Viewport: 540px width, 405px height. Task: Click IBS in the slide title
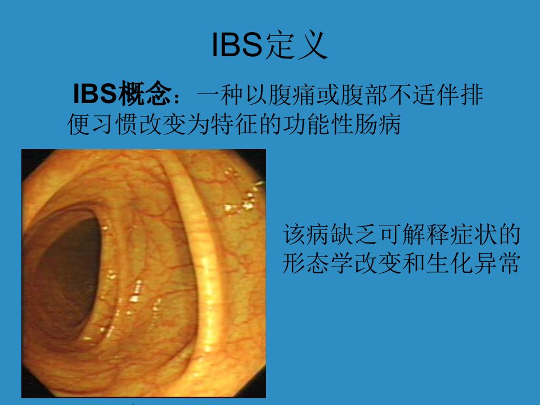click(x=237, y=45)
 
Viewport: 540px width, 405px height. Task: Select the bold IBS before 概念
click(x=95, y=94)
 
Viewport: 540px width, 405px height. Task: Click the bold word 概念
click(x=145, y=94)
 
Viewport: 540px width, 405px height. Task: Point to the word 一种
click(x=220, y=94)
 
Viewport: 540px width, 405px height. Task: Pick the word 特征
click(x=235, y=124)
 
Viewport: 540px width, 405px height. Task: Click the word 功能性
click(x=318, y=124)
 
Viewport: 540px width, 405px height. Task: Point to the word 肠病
click(x=378, y=124)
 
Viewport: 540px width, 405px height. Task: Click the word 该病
click(x=306, y=234)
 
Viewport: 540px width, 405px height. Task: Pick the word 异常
click(x=496, y=263)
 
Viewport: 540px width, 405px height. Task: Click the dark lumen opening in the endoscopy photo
click(x=67, y=272)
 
